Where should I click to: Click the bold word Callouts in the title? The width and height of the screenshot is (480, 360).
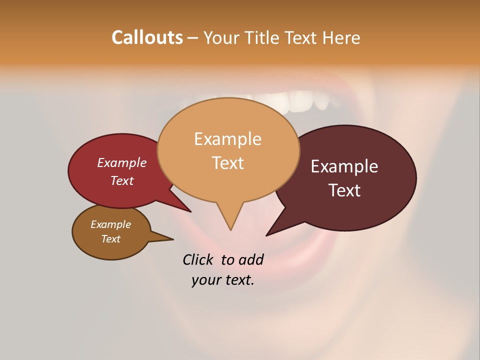pos(147,37)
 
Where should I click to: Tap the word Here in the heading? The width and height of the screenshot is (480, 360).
pos(341,38)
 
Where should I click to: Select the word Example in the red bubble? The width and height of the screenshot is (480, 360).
pos(122,162)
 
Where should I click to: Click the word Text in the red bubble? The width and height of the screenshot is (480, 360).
pos(122,180)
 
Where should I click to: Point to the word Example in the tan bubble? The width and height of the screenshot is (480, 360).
pos(227,138)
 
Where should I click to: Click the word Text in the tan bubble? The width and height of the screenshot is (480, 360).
pos(227,163)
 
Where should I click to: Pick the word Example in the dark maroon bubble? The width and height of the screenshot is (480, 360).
pos(344,166)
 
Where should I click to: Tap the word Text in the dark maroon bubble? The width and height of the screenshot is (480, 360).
pos(344,190)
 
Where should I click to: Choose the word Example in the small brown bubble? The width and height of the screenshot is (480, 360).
pos(110,224)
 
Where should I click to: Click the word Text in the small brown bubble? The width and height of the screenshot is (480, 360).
pos(110,239)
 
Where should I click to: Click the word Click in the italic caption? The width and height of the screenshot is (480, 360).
pos(198,259)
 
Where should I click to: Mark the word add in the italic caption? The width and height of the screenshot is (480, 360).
pos(250,259)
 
